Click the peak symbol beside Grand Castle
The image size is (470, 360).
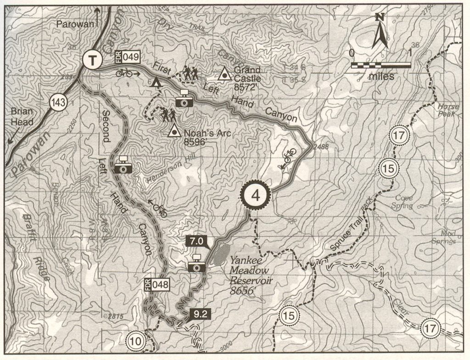[224, 74]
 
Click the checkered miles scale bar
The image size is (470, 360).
[381, 65]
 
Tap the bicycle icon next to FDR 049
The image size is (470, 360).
[124, 72]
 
